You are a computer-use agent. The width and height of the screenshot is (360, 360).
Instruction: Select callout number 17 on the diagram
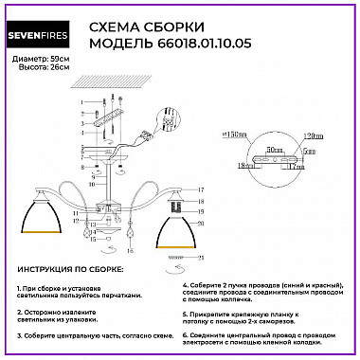201,190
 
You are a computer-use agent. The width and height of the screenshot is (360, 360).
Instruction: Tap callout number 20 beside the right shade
201,224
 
